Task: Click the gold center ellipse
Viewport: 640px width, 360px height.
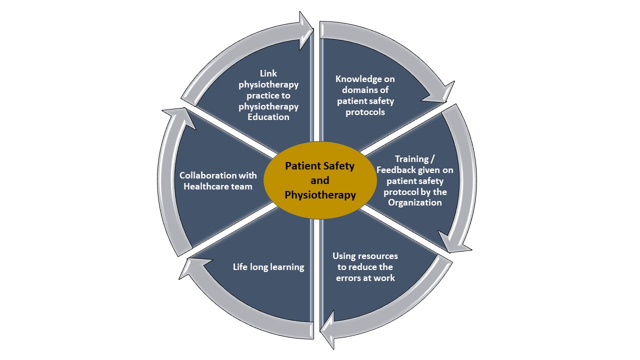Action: click(320, 180)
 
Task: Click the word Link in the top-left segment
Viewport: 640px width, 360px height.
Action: click(268, 73)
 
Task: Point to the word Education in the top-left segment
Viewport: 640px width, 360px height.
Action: click(268, 117)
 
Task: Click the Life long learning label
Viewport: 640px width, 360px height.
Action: click(268, 267)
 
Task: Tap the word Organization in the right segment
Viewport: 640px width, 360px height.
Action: click(415, 202)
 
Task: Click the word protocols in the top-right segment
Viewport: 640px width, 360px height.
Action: click(365, 112)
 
